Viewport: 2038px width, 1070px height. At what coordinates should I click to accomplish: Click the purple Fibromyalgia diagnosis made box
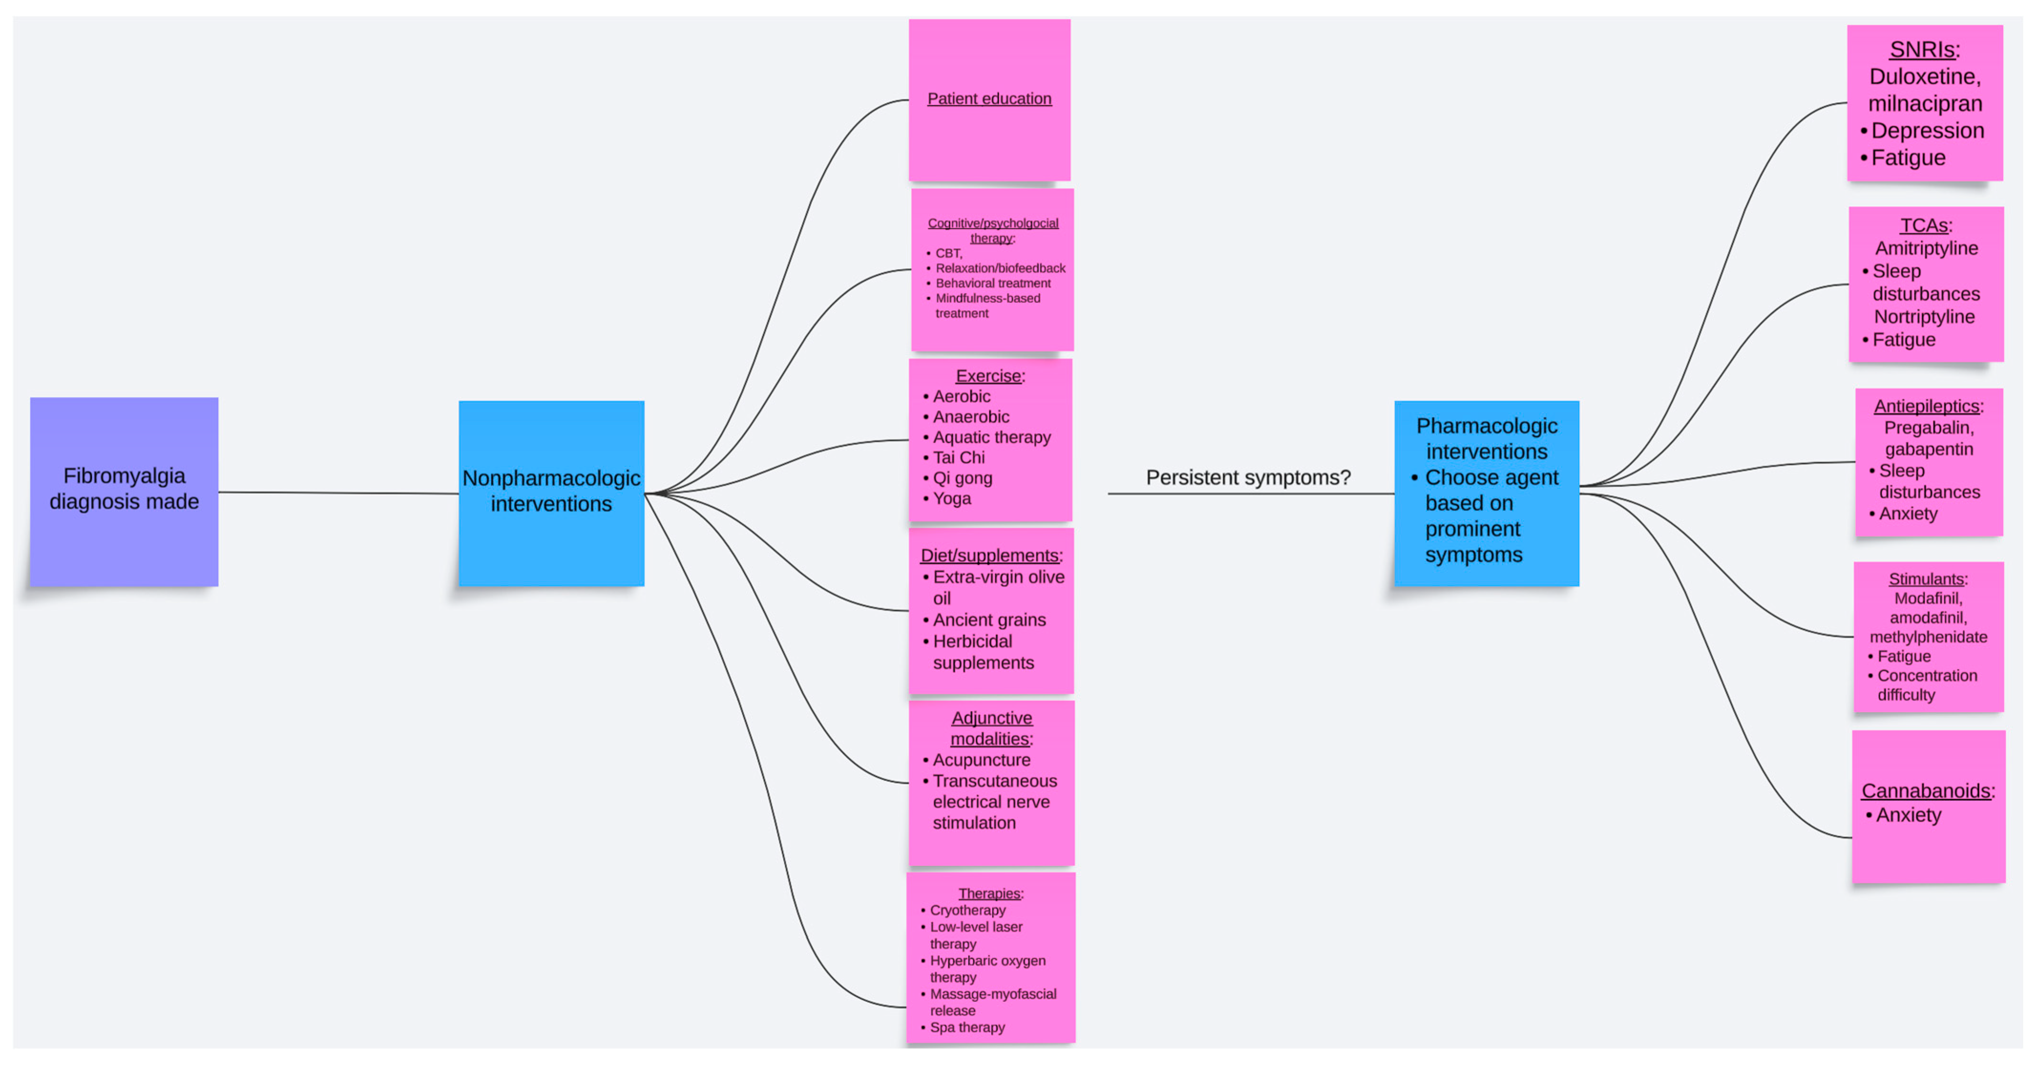click(x=124, y=491)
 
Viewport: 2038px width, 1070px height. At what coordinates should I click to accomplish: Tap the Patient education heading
click(x=989, y=99)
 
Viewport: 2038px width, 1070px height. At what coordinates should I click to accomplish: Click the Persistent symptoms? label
click(x=1248, y=478)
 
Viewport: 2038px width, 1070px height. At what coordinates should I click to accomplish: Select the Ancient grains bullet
click(x=989, y=620)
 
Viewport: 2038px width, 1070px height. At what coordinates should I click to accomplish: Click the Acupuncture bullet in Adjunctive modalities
click(x=981, y=760)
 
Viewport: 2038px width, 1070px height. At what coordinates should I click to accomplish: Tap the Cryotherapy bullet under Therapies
click(x=967, y=910)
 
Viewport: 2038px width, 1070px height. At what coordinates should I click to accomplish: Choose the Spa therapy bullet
click(x=967, y=1027)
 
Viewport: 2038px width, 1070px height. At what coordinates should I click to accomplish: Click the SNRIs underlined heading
click(x=1922, y=50)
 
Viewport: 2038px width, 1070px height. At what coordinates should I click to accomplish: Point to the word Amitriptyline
click(x=1926, y=249)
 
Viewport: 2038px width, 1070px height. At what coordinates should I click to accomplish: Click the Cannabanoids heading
click(x=1925, y=791)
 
